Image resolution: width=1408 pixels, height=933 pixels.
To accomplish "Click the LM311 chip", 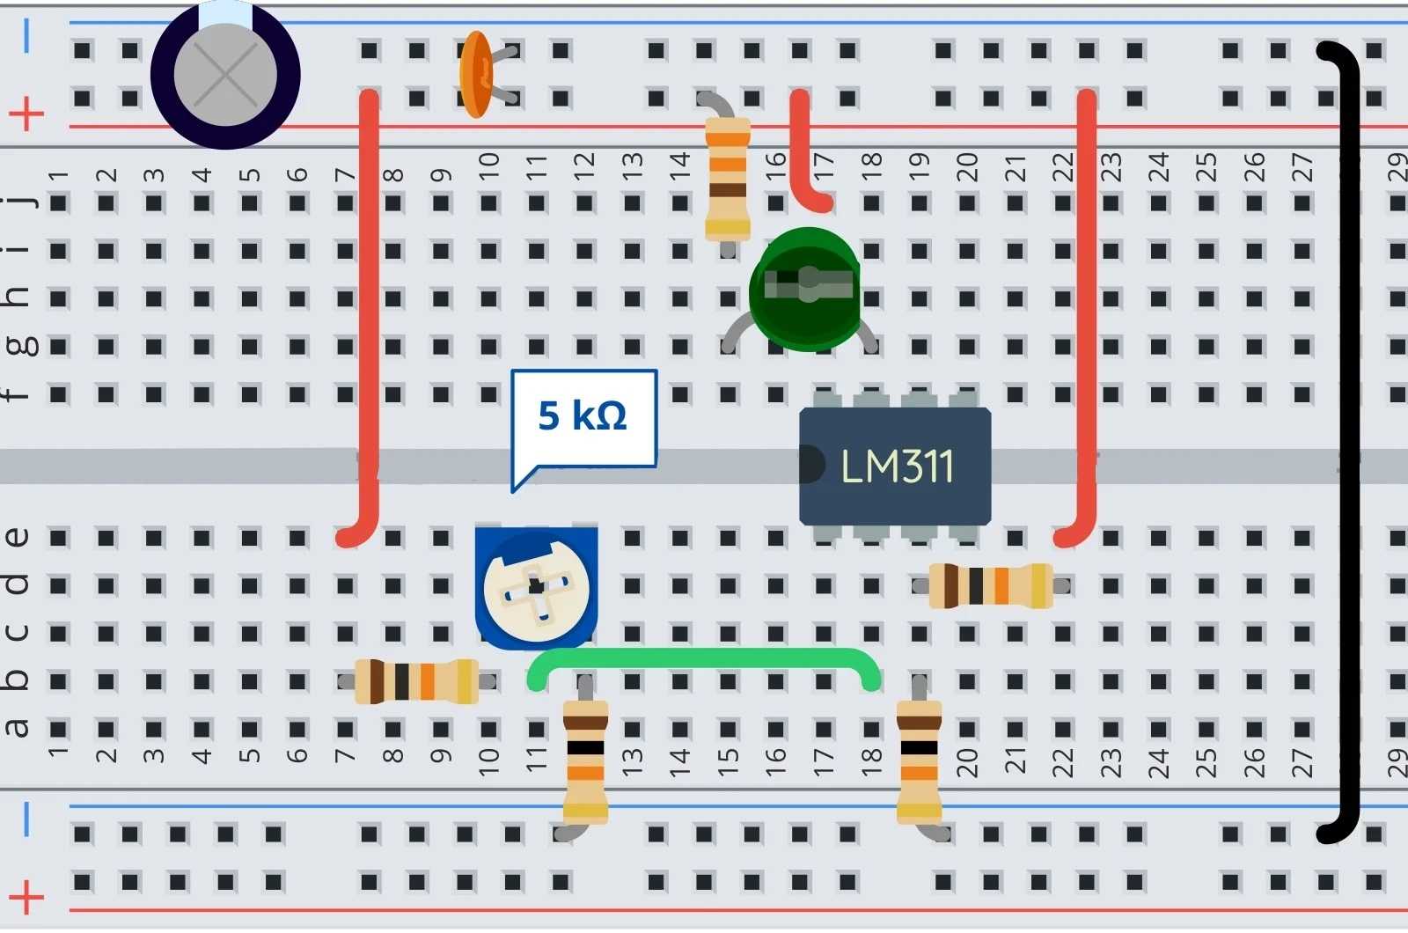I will pyautogui.click(x=895, y=466).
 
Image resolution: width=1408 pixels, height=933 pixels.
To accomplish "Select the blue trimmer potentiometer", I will pyautogui.click(x=536, y=587).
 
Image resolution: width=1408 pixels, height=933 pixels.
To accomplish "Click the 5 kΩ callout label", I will pyautogui.click(x=583, y=416).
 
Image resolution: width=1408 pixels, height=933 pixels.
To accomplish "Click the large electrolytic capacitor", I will pyautogui.click(x=225, y=75).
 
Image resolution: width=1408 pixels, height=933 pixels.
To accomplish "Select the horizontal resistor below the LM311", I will pyautogui.click(x=991, y=585).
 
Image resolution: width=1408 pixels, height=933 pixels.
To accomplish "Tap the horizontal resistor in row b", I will pyautogui.click(x=416, y=681).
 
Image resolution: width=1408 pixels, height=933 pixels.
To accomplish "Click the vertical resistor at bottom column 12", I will pyautogui.click(x=585, y=761).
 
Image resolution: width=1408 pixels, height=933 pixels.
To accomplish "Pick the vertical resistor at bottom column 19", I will pyautogui.click(x=920, y=761).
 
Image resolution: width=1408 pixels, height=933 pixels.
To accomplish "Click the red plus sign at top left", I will pyautogui.click(x=26, y=114).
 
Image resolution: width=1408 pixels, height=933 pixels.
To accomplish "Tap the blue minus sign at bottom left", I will pyautogui.click(x=26, y=818).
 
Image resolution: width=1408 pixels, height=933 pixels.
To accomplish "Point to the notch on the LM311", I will pyautogui.click(x=811, y=466).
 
